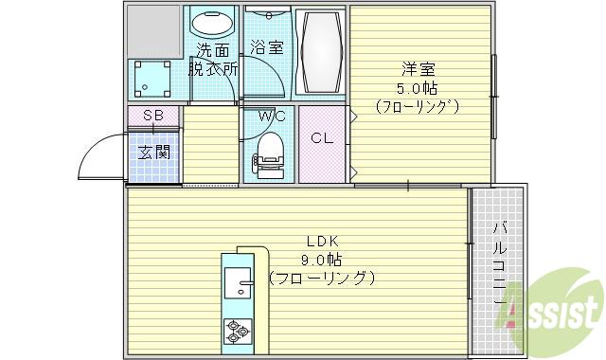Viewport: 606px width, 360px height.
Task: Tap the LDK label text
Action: pos(322,241)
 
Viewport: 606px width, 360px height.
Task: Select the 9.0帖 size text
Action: pos(322,260)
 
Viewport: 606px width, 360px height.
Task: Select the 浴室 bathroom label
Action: pos(266,45)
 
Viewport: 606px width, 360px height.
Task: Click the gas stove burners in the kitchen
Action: pos(238,332)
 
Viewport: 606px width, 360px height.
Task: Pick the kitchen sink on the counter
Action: pos(240,289)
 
